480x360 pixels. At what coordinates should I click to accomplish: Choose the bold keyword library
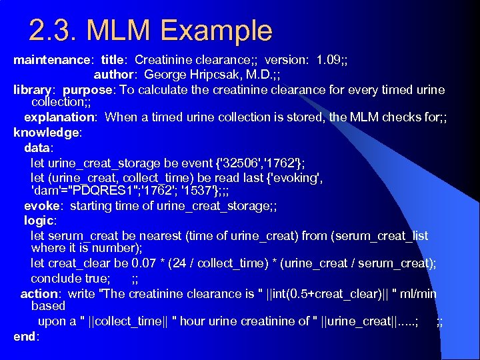pyautogui.click(x=33, y=89)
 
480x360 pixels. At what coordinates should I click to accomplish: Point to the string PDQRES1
pyautogui.click(x=100, y=191)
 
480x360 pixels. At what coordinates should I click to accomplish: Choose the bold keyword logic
pyautogui.click(x=39, y=220)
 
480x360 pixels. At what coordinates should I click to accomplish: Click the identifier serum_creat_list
pyautogui.click(x=383, y=235)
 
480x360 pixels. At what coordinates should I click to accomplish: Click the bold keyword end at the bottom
pyautogui.click(x=25, y=337)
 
